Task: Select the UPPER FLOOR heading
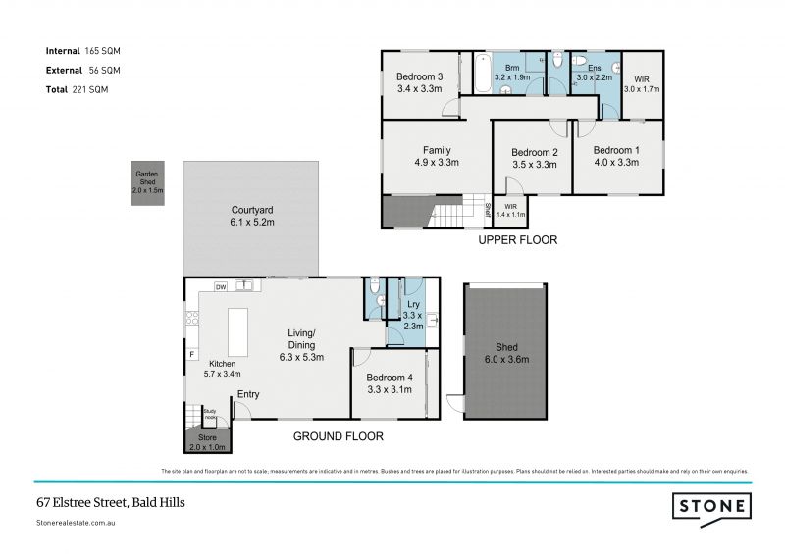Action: point(517,239)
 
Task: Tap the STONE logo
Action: point(711,506)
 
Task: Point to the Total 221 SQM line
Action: point(78,89)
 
